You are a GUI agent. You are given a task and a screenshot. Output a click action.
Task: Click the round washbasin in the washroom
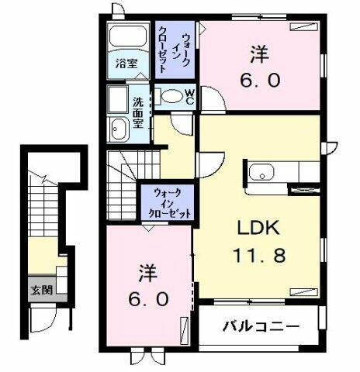point(119,129)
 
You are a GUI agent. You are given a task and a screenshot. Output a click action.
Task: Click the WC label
point(189,95)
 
